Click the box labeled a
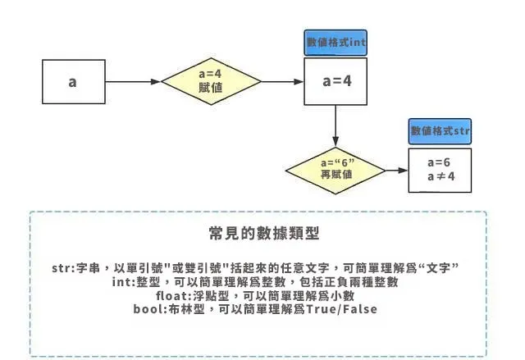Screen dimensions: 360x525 pos(73,83)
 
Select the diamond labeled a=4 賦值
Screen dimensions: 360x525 pos(211,83)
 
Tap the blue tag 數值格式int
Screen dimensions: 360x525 pos(335,43)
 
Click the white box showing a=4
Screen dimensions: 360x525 pos(336,82)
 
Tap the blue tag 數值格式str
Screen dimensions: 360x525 pos(440,130)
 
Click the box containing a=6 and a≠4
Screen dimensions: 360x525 pos(441,170)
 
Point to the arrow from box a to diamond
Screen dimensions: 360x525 pos(133,83)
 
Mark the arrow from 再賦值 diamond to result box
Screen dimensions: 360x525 pos(395,171)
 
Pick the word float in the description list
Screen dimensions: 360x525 pos(171,295)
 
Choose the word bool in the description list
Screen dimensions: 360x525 pos(148,308)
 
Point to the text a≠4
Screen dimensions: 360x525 pos(441,177)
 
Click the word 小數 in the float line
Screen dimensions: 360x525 pos(343,295)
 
